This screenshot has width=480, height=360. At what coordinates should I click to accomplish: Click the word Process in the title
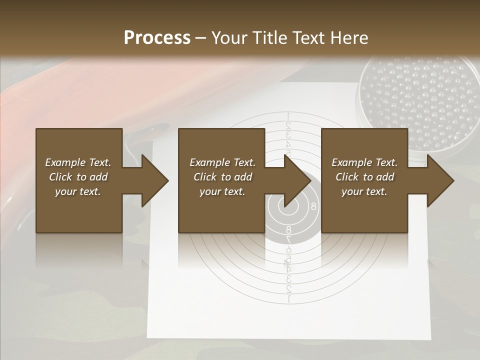157,37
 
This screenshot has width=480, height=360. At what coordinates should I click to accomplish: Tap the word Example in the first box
65,162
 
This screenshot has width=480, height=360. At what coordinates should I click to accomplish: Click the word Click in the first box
61,177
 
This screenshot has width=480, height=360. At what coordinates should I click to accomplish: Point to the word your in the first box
65,191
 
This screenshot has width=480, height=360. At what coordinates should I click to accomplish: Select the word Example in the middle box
209,162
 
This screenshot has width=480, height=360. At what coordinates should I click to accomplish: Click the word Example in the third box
351,162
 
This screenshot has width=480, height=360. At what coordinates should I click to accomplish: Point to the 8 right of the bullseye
313,205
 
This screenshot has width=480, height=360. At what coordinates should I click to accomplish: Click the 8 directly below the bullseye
288,230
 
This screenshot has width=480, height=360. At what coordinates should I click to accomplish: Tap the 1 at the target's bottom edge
288,299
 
